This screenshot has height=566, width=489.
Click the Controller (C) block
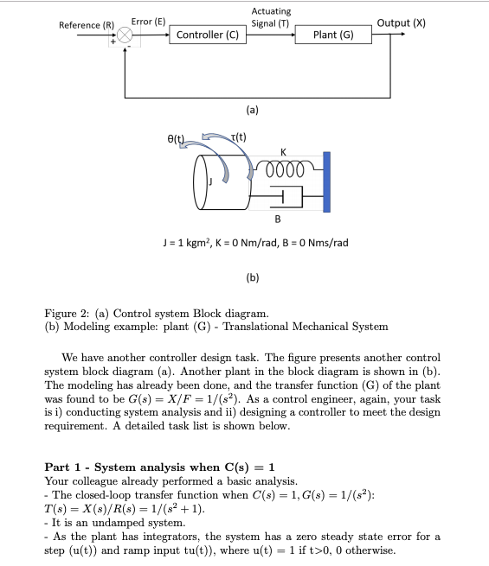coord(207,35)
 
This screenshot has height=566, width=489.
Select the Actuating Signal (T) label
coord(270,16)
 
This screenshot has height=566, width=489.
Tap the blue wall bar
coord(326,181)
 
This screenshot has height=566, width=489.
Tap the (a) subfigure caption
coord(252,110)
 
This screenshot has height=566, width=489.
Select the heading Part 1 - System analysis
coord(161,467)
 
